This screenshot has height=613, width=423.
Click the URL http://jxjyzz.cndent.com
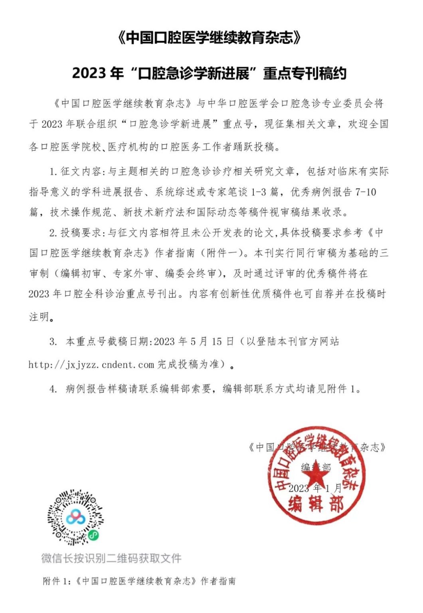click(x=91, y=364)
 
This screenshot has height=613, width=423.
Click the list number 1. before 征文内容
click(x=54, y=172)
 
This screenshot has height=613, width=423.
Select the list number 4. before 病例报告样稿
click(x=53, y=389)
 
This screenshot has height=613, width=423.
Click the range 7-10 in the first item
click(x=366, y=192)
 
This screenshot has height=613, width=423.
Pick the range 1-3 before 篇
click(x=258, y=192)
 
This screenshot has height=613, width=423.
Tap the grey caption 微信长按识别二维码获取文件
click(x=111, y=558)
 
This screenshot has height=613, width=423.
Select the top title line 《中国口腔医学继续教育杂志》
click(x=210, y=38)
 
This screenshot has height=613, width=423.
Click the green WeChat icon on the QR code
click(x=94, y=535)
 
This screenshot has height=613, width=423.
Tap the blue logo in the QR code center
click(x=75, y=517)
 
